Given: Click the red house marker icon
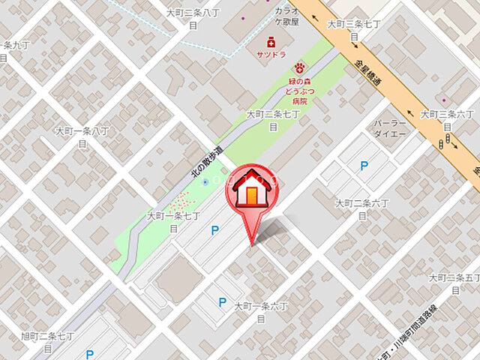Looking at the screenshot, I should pos(251,192).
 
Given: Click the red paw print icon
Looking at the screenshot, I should pos(299,67).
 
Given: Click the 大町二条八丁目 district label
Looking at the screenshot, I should pos(193,18).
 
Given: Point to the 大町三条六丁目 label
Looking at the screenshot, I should pos(447,120).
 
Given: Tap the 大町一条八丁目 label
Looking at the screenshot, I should pos(82,136).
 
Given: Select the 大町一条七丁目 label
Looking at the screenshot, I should pos(173,221).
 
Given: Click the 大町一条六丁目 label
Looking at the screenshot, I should pos(261,312).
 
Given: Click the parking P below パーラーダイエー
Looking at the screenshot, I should pos(364,166).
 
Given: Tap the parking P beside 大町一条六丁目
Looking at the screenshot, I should pos(221,302).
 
